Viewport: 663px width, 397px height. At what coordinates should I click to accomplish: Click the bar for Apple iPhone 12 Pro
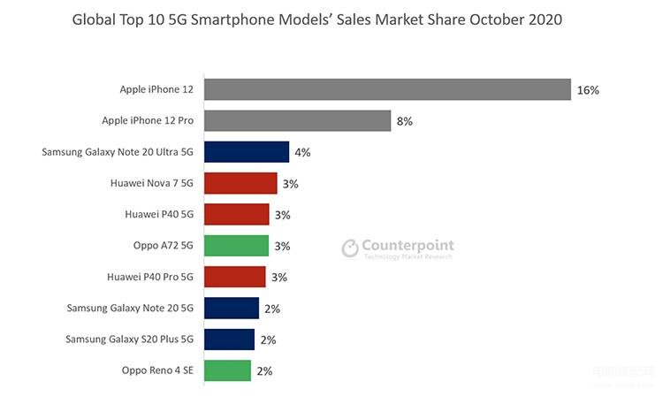297,121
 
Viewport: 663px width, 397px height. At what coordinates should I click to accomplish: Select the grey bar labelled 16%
387,90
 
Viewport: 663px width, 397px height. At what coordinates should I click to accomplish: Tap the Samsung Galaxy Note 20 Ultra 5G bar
247,152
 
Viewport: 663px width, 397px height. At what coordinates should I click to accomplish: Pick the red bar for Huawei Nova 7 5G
240,183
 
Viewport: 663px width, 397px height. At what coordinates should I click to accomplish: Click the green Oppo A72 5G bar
236,246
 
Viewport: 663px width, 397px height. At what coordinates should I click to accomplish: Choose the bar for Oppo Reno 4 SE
227,370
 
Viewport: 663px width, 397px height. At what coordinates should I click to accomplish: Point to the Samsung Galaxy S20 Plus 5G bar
229,340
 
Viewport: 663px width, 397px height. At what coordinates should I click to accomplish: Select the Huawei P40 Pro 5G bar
234,277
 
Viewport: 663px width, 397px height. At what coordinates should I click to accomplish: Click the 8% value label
405,121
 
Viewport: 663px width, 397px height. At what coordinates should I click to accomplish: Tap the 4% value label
302,152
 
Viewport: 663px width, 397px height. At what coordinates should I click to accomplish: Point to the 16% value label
588,90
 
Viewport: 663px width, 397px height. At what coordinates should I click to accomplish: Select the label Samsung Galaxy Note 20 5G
131,309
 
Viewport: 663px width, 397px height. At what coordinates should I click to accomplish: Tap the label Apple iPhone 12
156,90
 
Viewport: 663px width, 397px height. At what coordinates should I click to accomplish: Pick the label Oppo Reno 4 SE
157,370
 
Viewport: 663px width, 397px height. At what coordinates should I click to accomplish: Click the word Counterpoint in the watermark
408,245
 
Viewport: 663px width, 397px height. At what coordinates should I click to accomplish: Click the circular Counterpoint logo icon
350,248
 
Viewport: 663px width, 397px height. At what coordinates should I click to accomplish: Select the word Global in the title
94,19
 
